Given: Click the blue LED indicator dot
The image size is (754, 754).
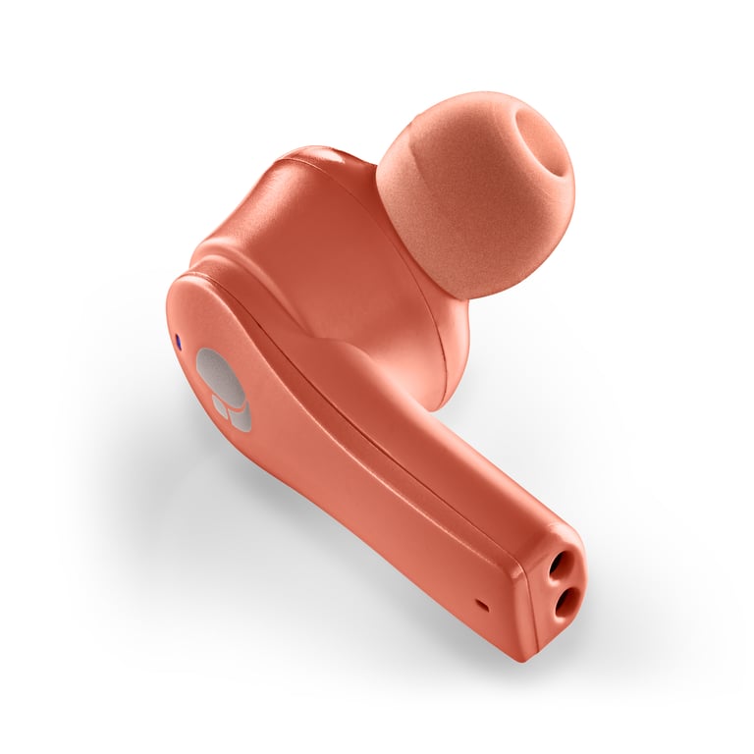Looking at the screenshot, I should (x=178, y=341).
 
